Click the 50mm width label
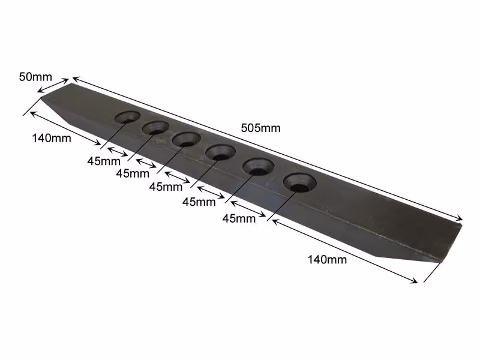point(35,77)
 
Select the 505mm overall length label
point(260,128)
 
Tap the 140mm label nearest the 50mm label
point(52,139)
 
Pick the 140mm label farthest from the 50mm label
point(327,260)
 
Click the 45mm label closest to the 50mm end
point(104,161)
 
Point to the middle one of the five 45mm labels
point(166,187)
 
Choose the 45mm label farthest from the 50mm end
point(239,218)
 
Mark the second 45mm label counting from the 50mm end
point(133,173)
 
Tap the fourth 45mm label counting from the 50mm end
point(199,202)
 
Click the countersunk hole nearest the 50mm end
point(128,117)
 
